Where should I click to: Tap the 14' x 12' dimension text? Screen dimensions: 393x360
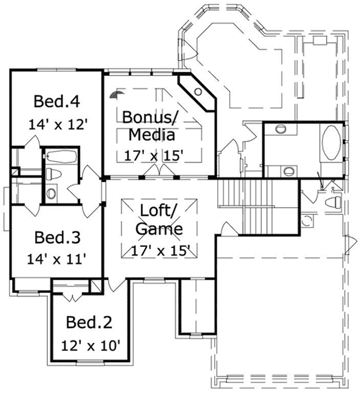pyautogui.click(x=57, y=124)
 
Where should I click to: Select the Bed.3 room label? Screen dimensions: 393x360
pyautogui.click(x=57, y=238)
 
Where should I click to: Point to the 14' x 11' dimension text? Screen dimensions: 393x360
pyautogui.click(x=57, y=258)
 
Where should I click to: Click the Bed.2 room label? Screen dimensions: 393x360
pyautogui.click(x=88, y=322)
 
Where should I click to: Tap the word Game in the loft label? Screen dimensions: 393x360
pyautogui.click(x=159, y=229)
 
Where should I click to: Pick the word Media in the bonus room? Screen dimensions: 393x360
pyautogui.click(x=151, y=135)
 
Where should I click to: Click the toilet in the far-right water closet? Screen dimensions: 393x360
pyautogui.click(x=332, y=202)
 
